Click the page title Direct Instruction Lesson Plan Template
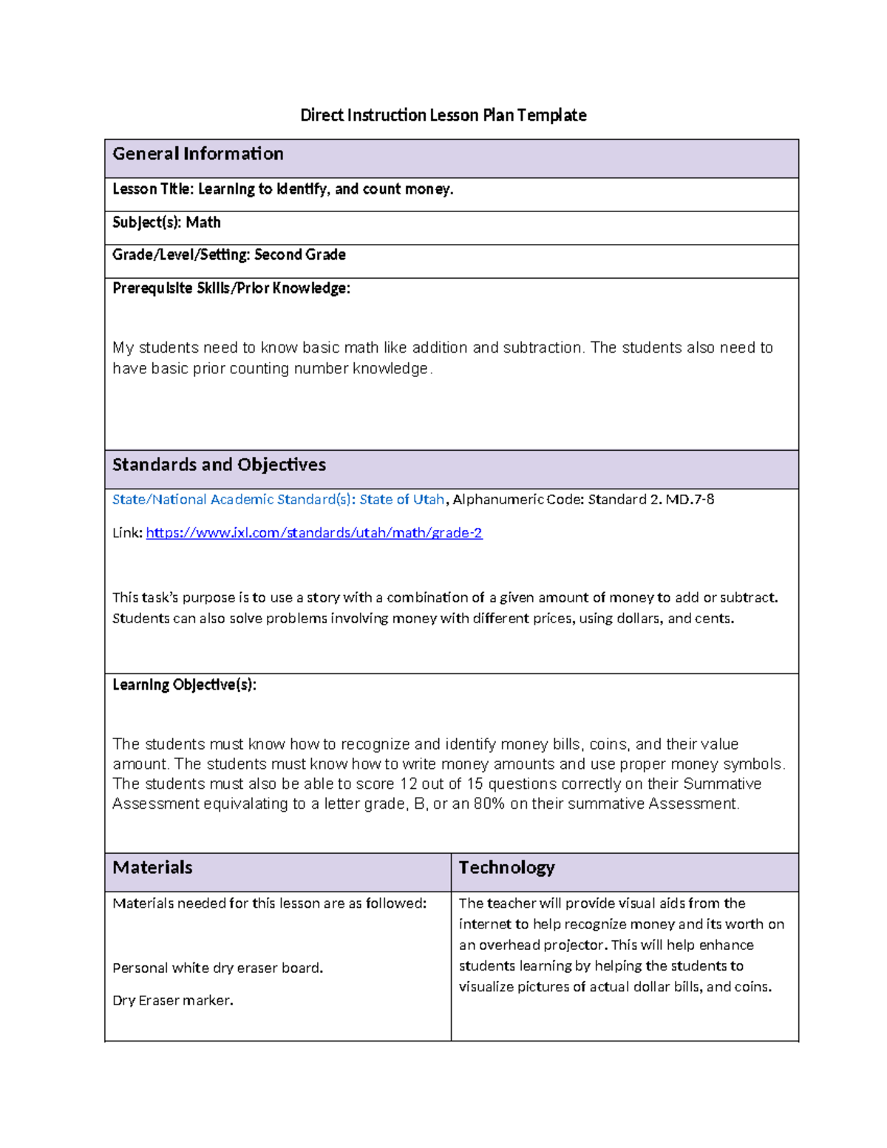(x=443, y=115)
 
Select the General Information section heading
(x=198, y=154)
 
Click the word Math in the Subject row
(x=203, y=223)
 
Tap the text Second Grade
(x=300, y=255)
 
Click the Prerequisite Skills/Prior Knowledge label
(x=231, y=288)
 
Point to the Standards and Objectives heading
(x=219, y=465)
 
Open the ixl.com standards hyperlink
(x=314, y=533)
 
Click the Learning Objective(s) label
(x=184, y=685)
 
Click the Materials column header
(x=152, y=868)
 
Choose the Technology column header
(x=506, y=868)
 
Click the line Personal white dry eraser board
(x=217, y=968)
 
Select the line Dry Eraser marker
(x=172, y=1001)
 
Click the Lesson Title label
(x=152, y=189)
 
